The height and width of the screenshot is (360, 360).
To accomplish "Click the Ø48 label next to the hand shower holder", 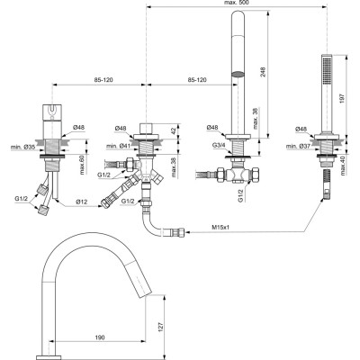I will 295,129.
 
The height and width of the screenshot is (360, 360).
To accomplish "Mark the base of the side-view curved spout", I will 49,346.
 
